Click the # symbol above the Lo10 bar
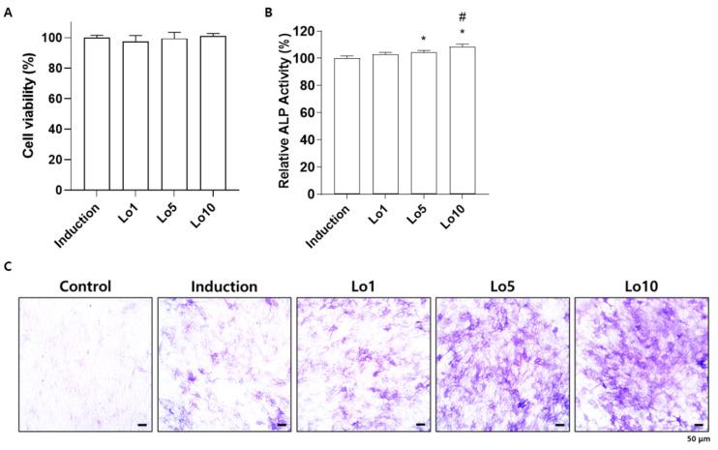[463, 16]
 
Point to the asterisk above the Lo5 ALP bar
[424, 40]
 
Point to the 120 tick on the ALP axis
[309, 31]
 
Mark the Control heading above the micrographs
[86, 286]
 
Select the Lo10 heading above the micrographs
[641, 286]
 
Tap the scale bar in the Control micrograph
[142, 423]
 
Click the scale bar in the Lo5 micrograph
[559, 423]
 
